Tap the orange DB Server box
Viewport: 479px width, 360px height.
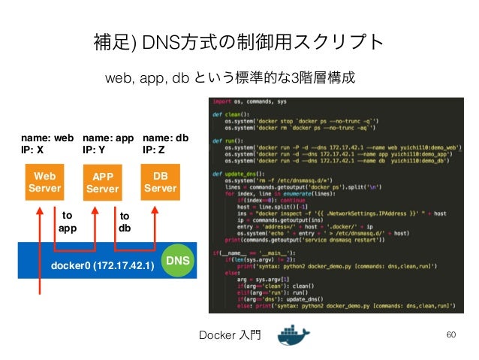coord(160,181)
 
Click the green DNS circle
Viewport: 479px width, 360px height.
coord(179,260)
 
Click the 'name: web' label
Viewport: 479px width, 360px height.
coord(47,138)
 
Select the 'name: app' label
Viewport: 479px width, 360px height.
coord(107,138)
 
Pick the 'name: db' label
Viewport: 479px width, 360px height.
coord(165,138)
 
